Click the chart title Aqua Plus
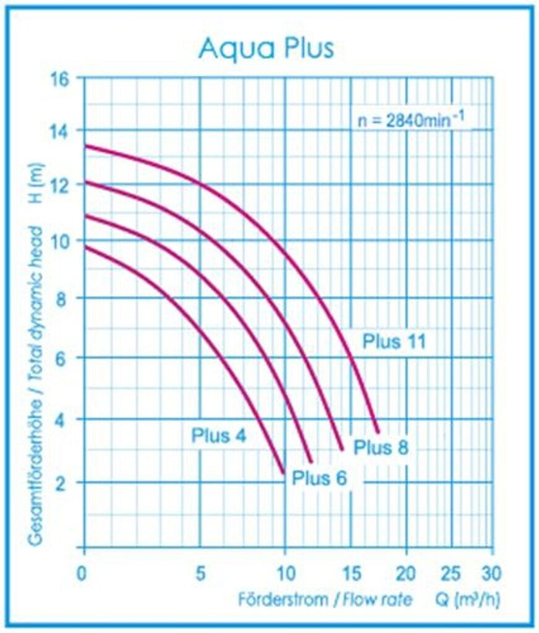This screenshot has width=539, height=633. point(266,48)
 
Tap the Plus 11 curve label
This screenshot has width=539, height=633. point(394,341)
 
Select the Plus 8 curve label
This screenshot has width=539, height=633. point(381,447)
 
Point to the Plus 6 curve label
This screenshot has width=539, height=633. point(319,478)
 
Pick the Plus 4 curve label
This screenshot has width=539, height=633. point(218,436)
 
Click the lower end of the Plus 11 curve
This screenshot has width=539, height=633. point(378,431)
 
